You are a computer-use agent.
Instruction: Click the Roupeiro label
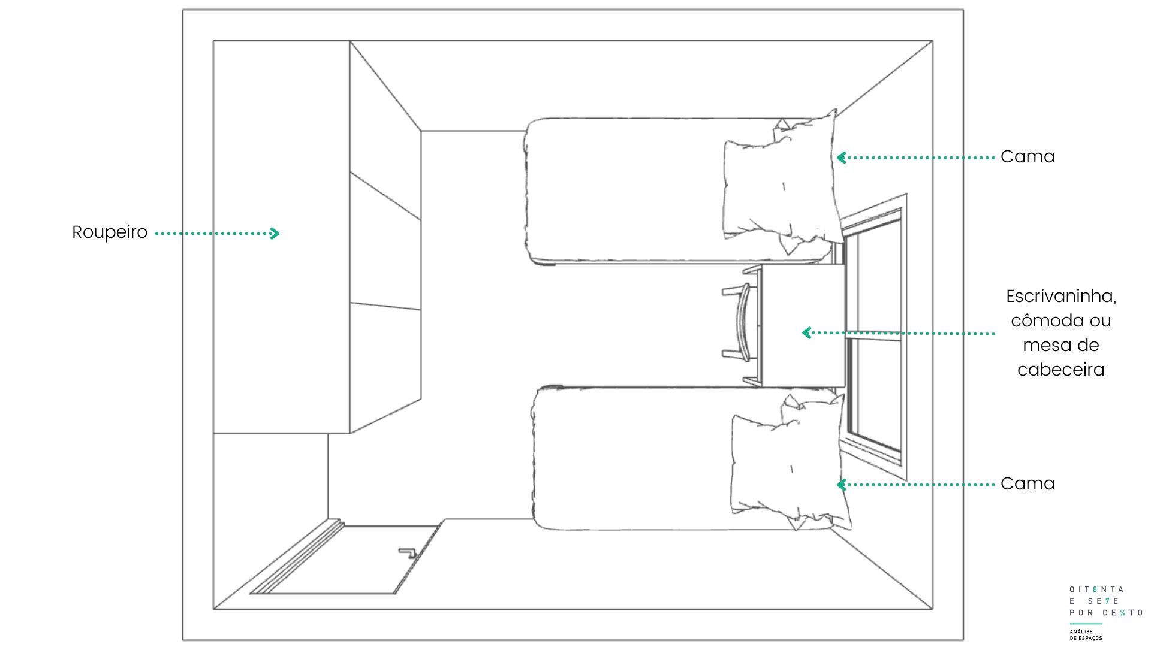tap(110, 232)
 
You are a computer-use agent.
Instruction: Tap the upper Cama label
tap(1028, 157)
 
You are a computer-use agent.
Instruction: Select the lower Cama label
tap(1028, 484)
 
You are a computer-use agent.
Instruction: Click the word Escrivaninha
tap(1061, 297)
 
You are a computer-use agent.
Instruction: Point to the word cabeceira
tap(1061, 370)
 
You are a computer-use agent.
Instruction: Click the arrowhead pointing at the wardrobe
tap(275, 233)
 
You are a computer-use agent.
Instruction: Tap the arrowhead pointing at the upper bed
tap(842, 158)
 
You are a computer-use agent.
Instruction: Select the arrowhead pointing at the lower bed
tap(842, 485)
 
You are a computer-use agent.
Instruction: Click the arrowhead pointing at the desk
tap(807, 332)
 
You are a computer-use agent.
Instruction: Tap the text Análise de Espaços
tap(1085, 634)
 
